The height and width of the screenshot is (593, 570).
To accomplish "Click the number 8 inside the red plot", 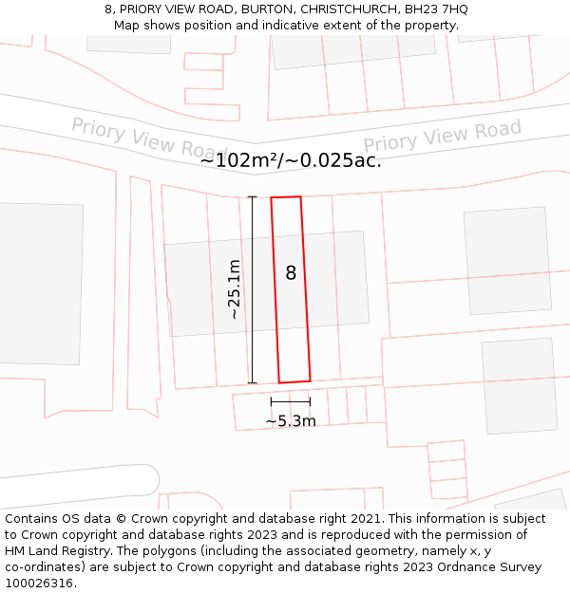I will tap(291, 273).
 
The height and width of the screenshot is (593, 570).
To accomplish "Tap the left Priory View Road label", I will tap(149, 139).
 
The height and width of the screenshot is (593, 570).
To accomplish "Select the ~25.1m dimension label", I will tap(234, 289).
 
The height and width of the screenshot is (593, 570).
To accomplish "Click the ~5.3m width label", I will tap(290, 421).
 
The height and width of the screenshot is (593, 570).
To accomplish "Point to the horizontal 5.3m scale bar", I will tap(290, 402).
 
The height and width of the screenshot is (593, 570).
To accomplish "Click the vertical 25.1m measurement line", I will tap(252, 289).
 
